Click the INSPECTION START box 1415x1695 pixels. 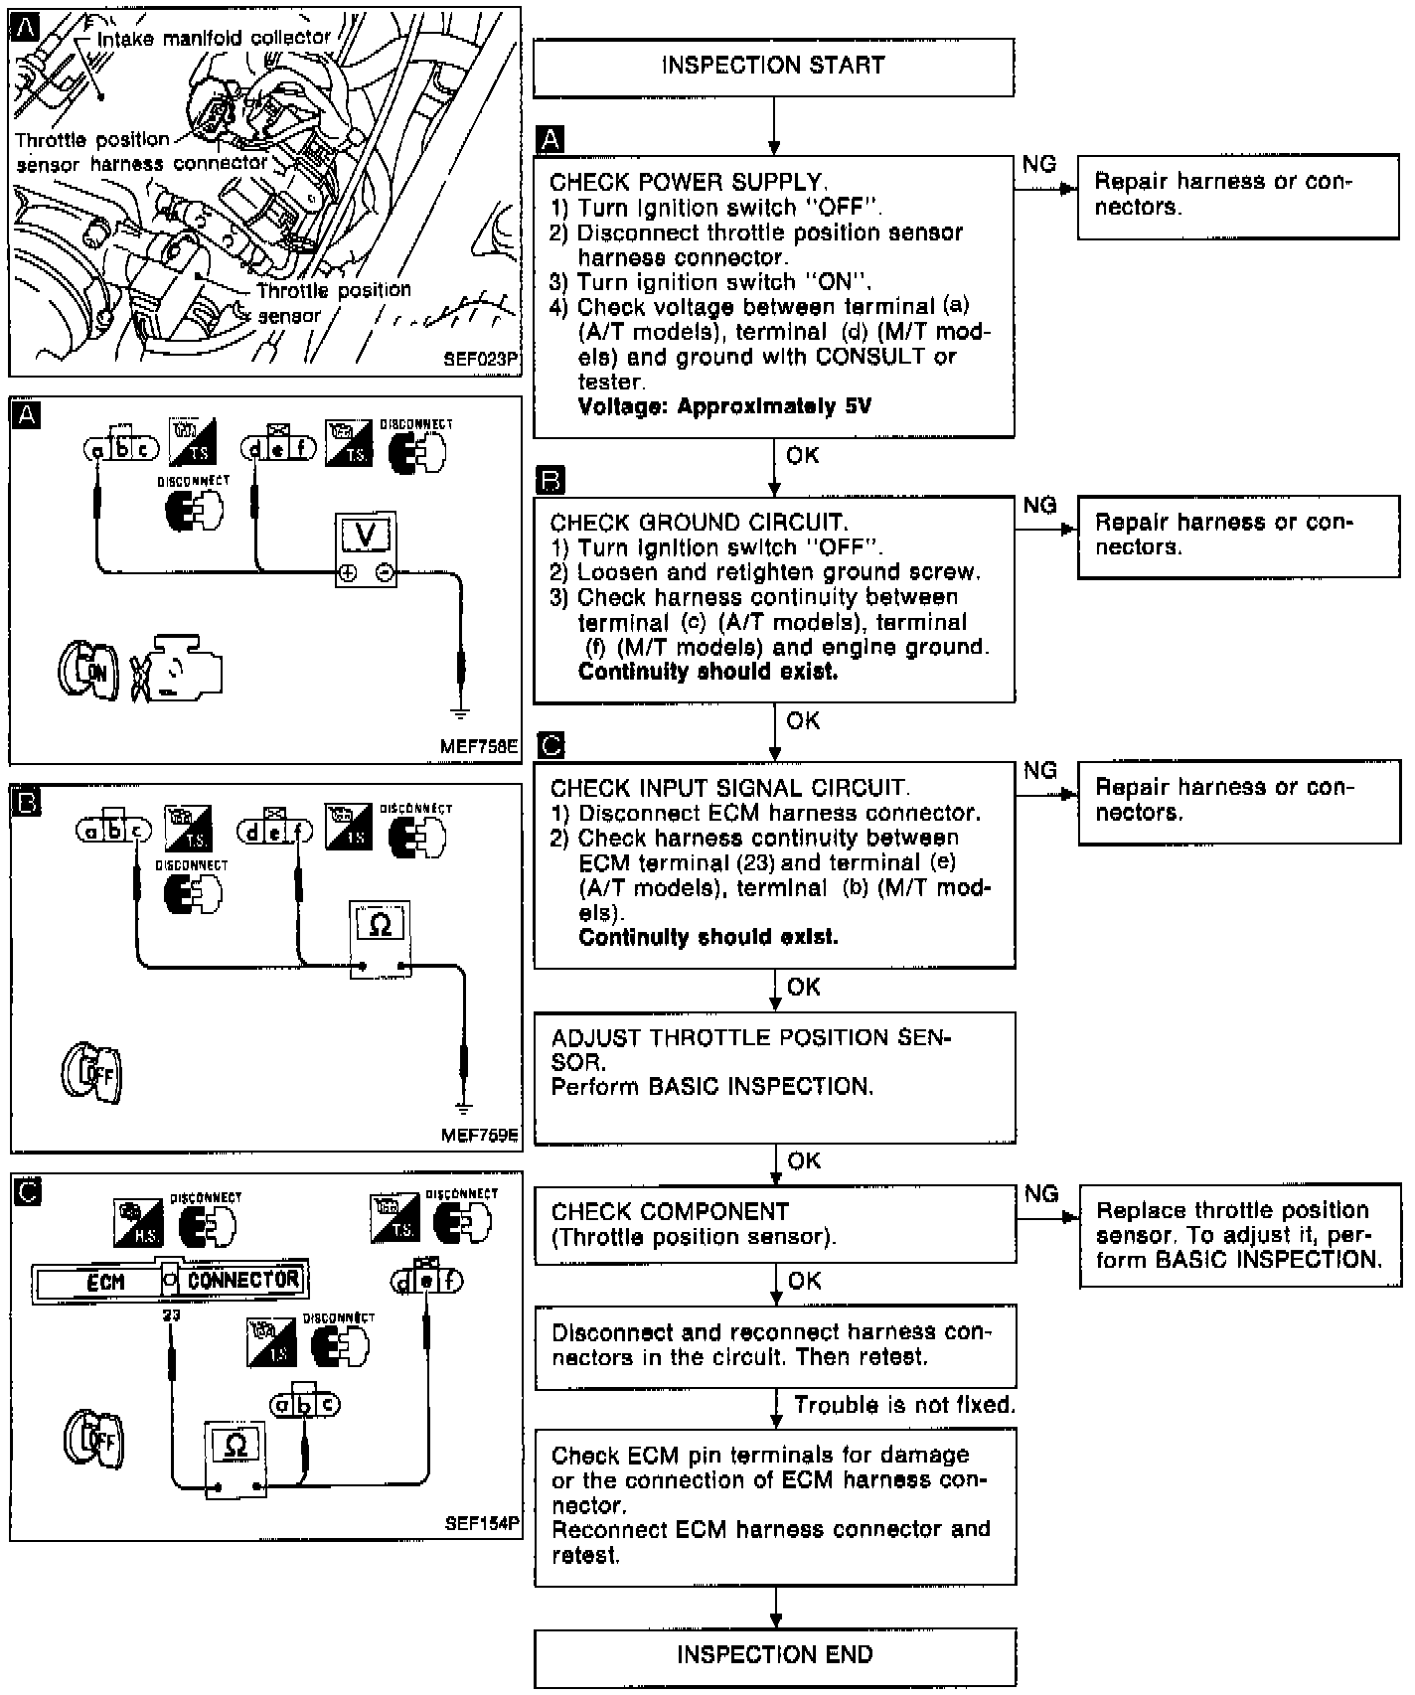click(773, 67)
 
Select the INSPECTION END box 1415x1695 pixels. click(775, 1654)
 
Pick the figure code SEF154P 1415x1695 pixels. click(483, 1523)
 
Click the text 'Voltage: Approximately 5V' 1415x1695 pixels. click(724, 406)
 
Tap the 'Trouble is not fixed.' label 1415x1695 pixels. click(904, 1405)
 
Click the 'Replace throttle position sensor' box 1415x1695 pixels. click(1239, 1235)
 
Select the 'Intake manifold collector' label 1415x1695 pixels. click(214, 38)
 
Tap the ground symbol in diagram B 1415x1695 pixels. click(462, 1105)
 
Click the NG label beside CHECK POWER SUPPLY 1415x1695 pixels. click(1039, 165)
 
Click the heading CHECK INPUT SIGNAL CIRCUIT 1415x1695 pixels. click(729, 788)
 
